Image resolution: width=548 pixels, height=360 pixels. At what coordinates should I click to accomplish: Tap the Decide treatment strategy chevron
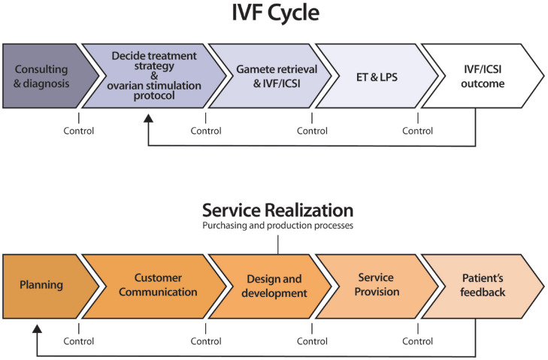click(x=153, y=76)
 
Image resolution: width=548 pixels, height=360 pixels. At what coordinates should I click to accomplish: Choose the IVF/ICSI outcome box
click(x=482, y=76)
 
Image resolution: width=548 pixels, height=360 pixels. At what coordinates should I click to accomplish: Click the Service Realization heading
click(x=277, y=210)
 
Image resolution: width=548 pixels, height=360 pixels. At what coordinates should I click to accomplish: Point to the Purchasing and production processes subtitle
click(x=277, y=225)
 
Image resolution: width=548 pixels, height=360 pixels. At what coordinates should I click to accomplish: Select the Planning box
click(x=42, y=285)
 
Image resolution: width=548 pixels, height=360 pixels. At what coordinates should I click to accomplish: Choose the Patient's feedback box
click(x=482, y=285)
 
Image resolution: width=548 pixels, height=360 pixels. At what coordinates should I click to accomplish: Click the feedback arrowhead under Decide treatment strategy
click(x=149, y=118)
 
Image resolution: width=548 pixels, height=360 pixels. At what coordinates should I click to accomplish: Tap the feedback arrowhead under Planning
click(x=37, y=328)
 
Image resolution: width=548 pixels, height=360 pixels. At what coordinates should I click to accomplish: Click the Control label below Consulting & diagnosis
click(x=78, y=131)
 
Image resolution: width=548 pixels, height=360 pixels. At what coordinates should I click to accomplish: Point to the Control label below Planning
click(x=78, y=340)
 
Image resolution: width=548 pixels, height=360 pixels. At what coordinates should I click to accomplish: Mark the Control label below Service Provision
click(x=418, y=340)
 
